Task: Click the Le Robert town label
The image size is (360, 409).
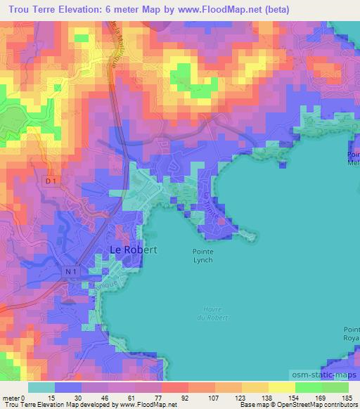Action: pyautogui.click(x=133, y=249)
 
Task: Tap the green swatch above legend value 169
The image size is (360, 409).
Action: pyautogui.click(x=308, y=387)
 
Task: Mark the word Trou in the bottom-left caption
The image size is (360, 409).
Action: pyautogui.click(x=8, y=405)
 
